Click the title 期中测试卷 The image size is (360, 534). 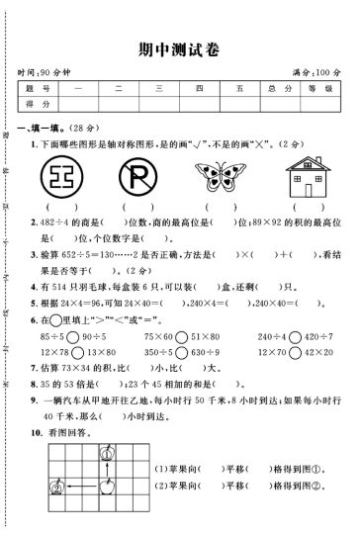(x=179, y=48)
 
